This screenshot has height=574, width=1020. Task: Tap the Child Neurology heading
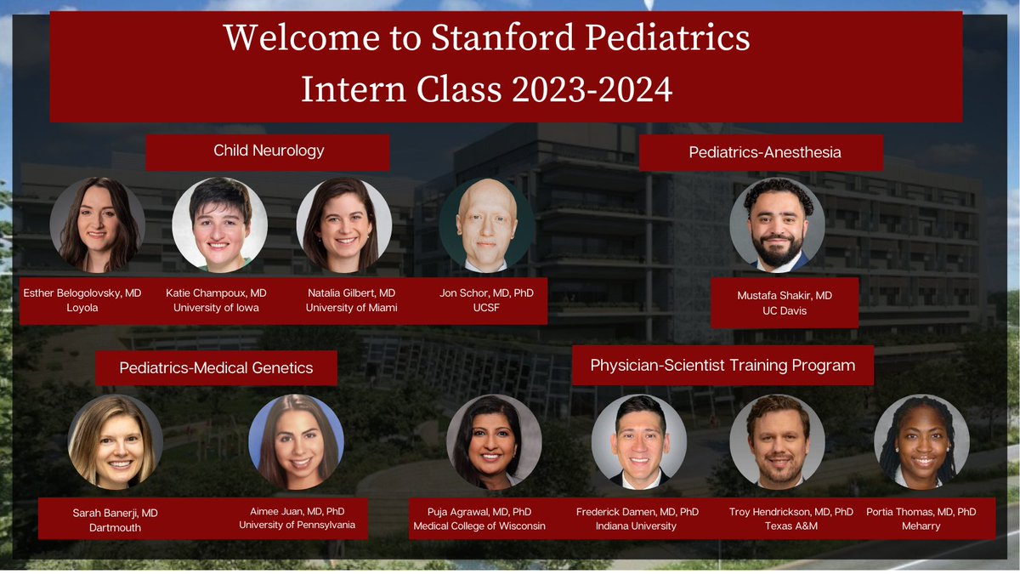(x=269, y=151)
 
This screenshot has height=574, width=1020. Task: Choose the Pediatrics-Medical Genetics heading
(x=216, y=368)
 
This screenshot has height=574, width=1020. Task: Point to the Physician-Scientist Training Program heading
(x=722, y=366)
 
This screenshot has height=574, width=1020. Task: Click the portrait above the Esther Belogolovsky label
(x=97, y=224)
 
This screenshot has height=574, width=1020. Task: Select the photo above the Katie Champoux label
(x=220, y=224)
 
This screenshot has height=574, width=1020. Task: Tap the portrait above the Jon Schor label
(x=486, y=225)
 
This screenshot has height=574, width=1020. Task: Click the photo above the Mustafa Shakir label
(x=777, y=224)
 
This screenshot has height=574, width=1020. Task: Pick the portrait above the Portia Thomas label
(x=921, y=442)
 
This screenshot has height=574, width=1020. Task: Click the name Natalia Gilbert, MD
(x=351, y=293)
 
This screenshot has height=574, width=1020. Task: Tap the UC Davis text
(x=785, y=311)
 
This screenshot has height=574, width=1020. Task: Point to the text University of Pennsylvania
(x=297, y=525)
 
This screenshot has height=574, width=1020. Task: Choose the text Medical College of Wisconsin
(x=479, y=526)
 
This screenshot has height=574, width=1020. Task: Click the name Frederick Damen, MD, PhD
(x=637, y=511)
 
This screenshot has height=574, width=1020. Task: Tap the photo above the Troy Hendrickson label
(x=777, y=442)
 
